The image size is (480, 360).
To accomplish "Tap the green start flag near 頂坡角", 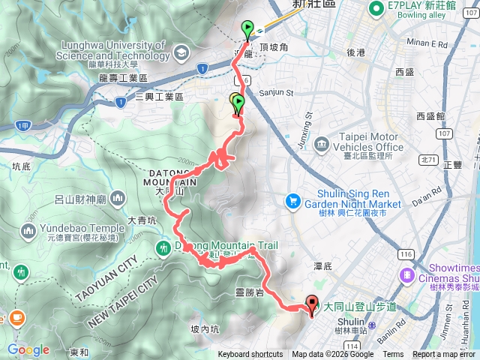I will (247, 29).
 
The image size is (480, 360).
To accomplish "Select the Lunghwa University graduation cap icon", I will (181, 52).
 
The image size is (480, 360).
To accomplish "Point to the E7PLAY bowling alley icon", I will (376, 8).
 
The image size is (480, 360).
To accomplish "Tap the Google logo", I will (28, 349).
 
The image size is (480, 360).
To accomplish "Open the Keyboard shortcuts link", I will (250, 355).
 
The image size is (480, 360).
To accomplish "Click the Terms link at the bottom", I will (393, 355).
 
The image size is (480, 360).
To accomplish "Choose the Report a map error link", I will (445, 355).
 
